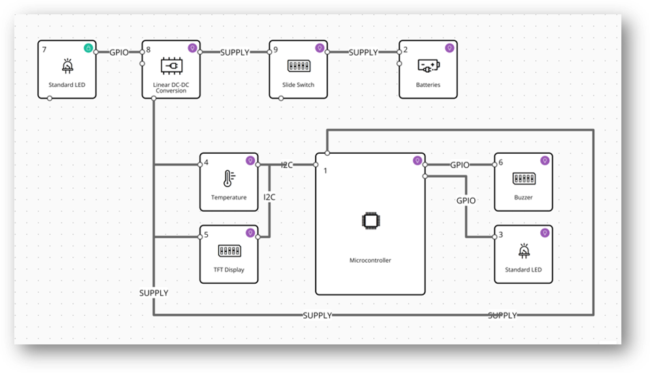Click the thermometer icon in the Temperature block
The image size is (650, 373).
click(228, 180)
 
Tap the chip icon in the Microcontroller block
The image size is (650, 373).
click(369, 221)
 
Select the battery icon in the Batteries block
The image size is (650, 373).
click(428, 66)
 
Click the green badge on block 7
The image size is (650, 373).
click(88, 48)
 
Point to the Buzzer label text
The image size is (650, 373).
click(523, 197)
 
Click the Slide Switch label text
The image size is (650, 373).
click(297, 85)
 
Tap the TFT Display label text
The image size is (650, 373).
click(228, 270)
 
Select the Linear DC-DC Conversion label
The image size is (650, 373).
click(170, 88)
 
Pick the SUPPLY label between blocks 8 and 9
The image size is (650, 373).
click(235, 52)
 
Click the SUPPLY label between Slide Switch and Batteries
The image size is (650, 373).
click(363, 52)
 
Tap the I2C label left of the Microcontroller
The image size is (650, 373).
click(287, 165)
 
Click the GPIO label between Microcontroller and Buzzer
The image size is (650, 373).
click(460, 165)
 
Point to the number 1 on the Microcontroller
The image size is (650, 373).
click(326, 170)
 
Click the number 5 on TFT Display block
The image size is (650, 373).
click(206, 236)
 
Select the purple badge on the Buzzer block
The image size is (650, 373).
click(544, 161)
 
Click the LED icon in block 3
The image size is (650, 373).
click(523, 251)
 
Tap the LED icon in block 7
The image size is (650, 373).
click(67, 67)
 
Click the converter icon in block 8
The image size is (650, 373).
click(170, 66)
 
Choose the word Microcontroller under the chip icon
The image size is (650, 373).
click(370, 260)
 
